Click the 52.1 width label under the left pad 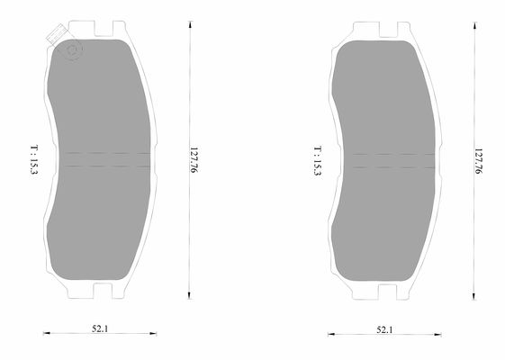(98, 328)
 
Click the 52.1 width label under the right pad (384, 330)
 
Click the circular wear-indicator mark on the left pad (70, 49)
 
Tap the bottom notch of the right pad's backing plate (386, 290)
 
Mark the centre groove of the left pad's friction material (105, 159)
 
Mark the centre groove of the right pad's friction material (392, 160)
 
